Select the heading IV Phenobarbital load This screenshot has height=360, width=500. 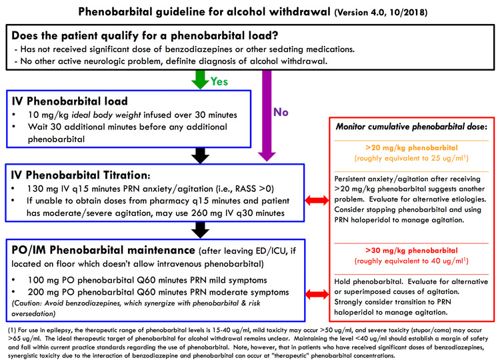tap(70, 101)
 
